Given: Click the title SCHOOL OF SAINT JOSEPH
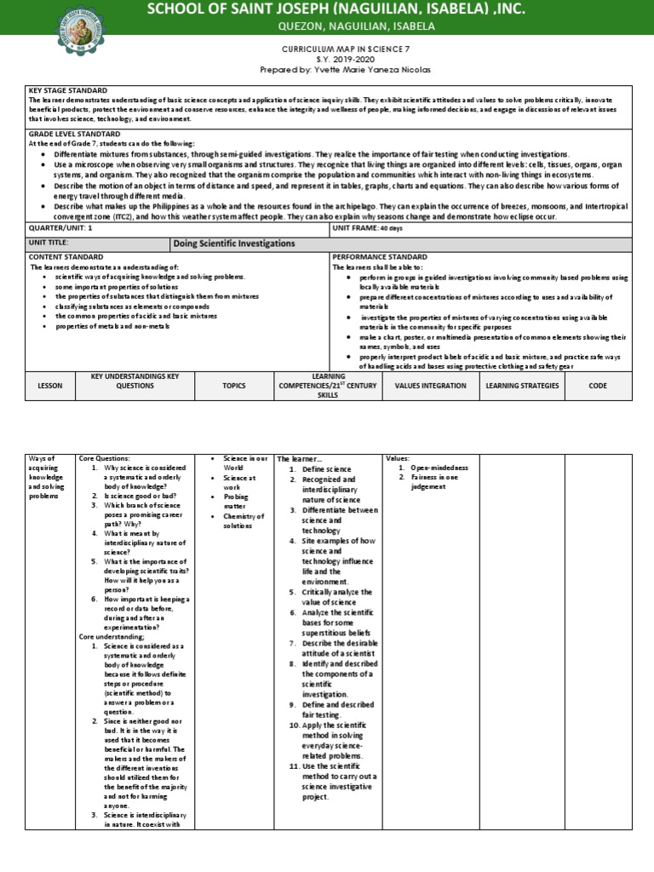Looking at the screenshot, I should click(336, 9).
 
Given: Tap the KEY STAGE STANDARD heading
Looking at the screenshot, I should click(68, 89).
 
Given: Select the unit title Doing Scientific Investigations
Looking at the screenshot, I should click(234, 244).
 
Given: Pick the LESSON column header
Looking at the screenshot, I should click(50, 386).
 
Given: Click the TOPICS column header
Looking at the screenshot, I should click(233, 386).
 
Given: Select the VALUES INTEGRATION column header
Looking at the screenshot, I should click(430, 386).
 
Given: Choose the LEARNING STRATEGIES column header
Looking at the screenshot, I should click(522, 386).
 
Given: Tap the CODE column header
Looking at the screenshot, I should click(597, 386).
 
